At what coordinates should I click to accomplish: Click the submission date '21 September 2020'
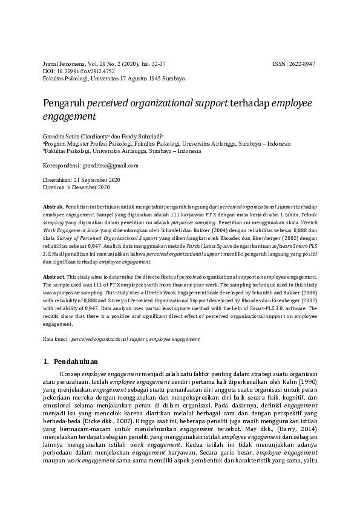pos(97,180)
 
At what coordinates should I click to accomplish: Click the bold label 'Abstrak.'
pos(54,207)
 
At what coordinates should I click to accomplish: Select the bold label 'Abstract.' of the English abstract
pos(55,276)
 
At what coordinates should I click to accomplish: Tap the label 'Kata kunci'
pos(55,340)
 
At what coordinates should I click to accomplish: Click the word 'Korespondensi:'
pos(62,165)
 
